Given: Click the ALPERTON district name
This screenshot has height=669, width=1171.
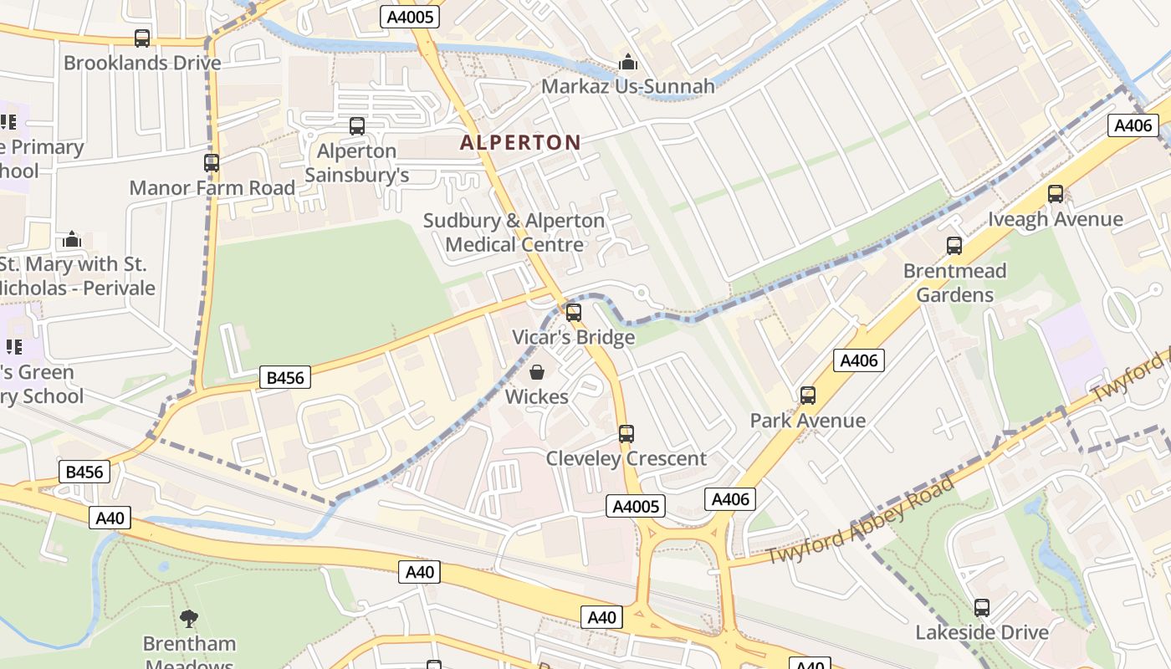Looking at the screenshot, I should point(520,142).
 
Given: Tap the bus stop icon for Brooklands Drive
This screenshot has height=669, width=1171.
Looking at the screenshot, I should point(142,38).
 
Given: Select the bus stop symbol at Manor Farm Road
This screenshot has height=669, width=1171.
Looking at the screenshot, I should point(212,163).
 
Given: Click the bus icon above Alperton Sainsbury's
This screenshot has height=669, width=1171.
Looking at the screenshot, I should point(357,126).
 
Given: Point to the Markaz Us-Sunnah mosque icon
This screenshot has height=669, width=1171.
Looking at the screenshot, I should point(627,62).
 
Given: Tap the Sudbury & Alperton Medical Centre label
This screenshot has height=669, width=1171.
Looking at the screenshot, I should point(514,232).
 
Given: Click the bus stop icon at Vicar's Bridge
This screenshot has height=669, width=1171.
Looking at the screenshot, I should point(574,313).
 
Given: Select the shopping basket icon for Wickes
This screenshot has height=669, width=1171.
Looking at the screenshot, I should point(537,372).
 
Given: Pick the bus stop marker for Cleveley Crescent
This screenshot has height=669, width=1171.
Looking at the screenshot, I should point(626,434).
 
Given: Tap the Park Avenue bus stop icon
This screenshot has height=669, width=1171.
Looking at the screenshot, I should point(808,396).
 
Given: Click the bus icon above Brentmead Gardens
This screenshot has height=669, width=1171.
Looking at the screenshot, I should point(954,246).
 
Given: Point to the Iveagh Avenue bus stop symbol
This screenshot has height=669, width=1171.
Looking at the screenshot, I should point(1056,194).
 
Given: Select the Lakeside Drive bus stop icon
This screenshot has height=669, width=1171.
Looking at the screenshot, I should point(982,608).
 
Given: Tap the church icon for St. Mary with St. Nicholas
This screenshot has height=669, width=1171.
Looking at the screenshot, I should point(72,240).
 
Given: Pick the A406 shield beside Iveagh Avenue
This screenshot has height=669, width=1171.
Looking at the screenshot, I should point(1133,125).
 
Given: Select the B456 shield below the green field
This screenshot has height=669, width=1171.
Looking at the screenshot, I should point(284,378).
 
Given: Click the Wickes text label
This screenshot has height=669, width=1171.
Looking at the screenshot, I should point(537,396).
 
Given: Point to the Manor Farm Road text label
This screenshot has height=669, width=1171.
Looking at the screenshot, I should point(212,187).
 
